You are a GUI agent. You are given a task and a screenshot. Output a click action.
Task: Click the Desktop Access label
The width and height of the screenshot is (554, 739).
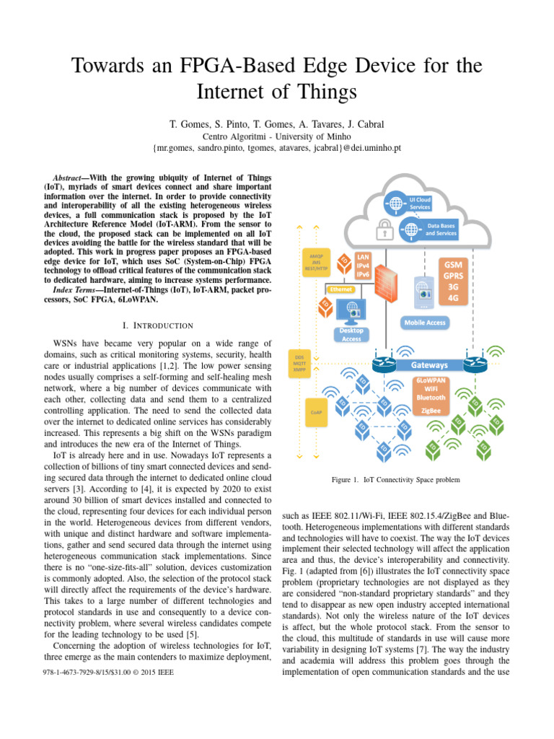click(x=351, y=334)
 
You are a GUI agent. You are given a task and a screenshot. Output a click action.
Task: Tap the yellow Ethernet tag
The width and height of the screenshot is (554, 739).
click(x=341, y=289)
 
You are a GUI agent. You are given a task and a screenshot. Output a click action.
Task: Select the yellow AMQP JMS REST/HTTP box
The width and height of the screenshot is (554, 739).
click(x=315, y=263)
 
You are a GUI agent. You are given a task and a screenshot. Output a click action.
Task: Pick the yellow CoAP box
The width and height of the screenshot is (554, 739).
click(x=315, y=411)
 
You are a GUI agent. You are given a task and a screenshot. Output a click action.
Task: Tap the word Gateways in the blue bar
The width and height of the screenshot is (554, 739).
click(x=429, y=365)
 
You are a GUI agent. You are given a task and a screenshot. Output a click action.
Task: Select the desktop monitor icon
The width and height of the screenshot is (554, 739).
click(x=353, y=311)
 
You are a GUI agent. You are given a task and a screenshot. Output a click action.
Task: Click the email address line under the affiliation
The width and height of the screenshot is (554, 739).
click(x=277, y=147)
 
